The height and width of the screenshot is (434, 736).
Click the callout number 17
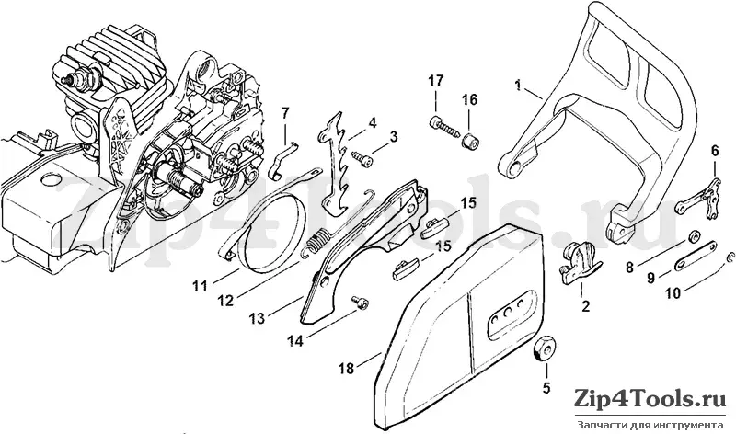(435, 81)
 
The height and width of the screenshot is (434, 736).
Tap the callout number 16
(469, 100)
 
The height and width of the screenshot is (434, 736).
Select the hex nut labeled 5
(543, 348)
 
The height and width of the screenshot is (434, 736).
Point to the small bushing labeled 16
(468, 141)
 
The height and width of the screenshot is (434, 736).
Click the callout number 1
(519, 86)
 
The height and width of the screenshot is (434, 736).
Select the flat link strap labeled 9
(696, 256)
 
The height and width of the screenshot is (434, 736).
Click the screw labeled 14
(360, 303)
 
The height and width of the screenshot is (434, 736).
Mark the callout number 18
(347, 369)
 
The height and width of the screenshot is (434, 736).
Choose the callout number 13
(258, 318)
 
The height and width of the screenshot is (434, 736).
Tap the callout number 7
(286, 112)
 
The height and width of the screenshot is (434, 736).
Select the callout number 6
(715, 152)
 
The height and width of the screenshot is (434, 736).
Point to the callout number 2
(586, 306)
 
